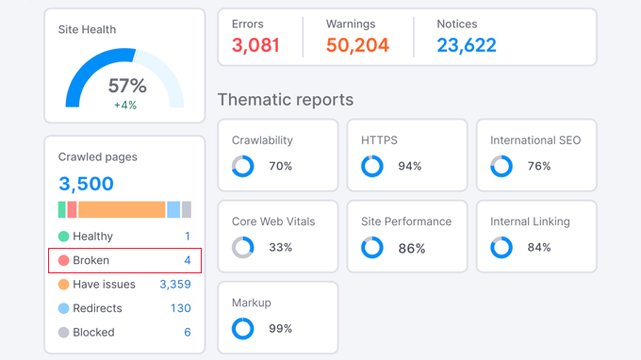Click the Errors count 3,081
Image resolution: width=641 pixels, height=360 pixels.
pos(255,45)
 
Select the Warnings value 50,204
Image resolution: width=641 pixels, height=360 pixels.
pos(357,45)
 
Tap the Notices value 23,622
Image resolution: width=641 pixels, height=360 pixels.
pos(467,45)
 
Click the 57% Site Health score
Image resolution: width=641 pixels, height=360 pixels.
pos(125,86)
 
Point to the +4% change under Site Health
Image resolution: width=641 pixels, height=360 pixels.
pos(125,106)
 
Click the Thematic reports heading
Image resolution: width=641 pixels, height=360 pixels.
pos(286,99)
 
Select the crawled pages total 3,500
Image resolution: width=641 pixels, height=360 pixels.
pos(86,184)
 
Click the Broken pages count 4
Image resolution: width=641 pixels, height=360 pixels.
pos(187,260)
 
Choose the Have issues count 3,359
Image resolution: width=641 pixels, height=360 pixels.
pos(174,284)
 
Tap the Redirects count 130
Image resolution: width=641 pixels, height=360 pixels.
pos(180,308)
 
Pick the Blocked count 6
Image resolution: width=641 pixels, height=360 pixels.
pos(187,332)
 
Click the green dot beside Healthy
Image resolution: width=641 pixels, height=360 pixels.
pos(63,237)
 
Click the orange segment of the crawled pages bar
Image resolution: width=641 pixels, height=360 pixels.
pos(122,209)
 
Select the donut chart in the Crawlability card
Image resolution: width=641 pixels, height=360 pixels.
pos(243,167)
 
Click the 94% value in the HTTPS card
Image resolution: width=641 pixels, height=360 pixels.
pos(409,167)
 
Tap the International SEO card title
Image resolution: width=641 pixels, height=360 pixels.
pos(535,140)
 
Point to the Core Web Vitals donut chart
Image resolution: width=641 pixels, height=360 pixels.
pos(243,248)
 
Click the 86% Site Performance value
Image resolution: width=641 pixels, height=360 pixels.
pos(412,249)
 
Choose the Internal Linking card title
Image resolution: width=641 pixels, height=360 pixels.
pos(530,221)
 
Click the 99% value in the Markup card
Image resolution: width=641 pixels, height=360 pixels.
pos(281,329)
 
